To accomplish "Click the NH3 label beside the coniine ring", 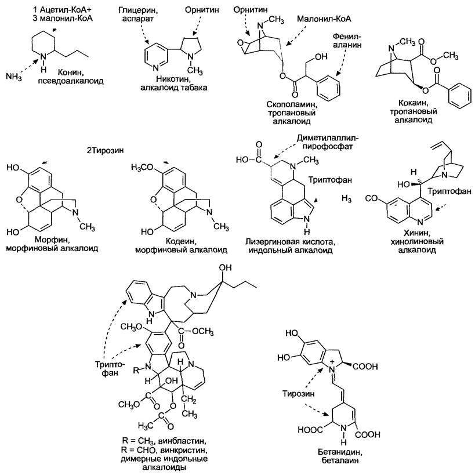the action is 14,76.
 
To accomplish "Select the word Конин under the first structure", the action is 71,72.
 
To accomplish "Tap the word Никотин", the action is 173,79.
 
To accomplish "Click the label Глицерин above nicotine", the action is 138,11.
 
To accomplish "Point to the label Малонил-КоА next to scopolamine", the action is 324,19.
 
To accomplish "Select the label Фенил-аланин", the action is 347,41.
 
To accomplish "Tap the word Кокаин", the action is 413,103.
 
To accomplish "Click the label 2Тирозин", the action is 105,150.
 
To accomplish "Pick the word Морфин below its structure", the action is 52,240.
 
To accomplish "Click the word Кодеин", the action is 181,241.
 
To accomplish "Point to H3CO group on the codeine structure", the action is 142,168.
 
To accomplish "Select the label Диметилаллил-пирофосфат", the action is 327,142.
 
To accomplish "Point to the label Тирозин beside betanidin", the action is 298,393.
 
